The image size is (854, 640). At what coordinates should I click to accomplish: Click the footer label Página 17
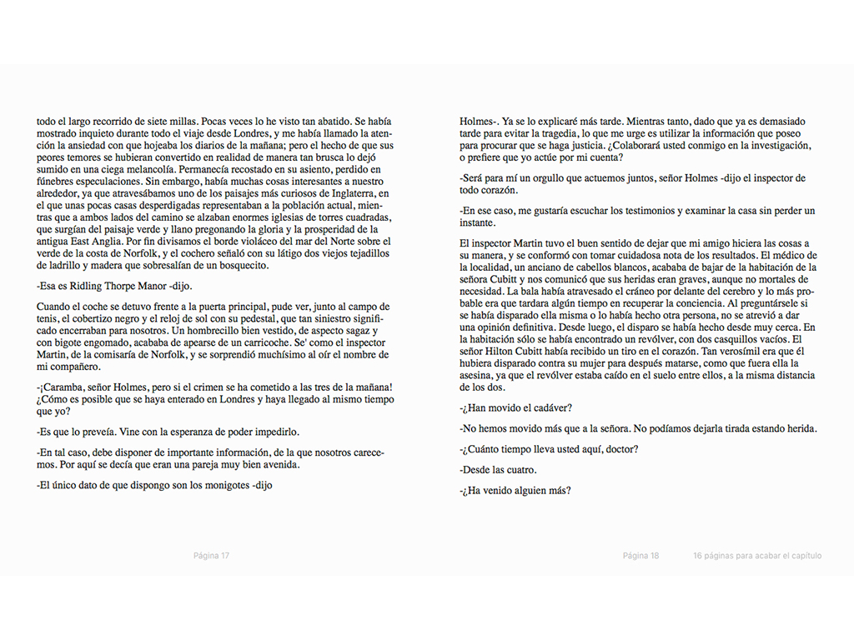click(x=211, y=556)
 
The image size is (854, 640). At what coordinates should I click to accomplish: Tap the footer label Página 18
click(x=640, y=556)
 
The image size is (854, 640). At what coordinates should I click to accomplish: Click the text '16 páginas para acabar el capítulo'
click(x=756, y=556)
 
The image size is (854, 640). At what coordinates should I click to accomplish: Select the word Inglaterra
click(x=342, y=193)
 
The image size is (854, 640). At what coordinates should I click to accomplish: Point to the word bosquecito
click(x=239, y=265)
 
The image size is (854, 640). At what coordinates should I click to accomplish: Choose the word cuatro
click(x=520, y=470)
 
